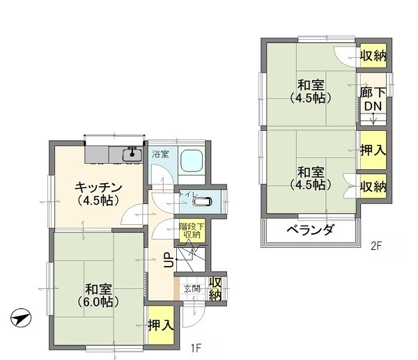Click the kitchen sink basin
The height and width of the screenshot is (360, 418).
click(x=132, y=155)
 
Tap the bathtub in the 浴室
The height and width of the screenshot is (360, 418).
click(x=191, y=161)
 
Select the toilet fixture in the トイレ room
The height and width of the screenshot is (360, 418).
click(x=202, y=202)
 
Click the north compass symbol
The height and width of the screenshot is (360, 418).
click(x=21, y=318)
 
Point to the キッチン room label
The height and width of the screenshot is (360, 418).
click(x=98, y=188)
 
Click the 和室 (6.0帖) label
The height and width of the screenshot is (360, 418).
click(x=98, y=295)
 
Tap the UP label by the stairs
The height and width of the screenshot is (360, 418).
click(x=169, y=259)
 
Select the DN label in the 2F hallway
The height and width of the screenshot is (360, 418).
click(x=373, y=107)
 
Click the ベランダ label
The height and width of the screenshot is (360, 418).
click(x=310, y=229)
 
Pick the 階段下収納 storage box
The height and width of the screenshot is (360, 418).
click(x=192, y=230)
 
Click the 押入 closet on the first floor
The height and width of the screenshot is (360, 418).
click(x=161, y=325)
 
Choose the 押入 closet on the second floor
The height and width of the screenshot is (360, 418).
click(x=373, y=150)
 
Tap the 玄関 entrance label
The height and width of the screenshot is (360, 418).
click(x=192, y=289)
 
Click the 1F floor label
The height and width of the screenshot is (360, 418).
click(x=195, y=348)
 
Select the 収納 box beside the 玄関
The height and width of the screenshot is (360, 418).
click(x=215, y=289)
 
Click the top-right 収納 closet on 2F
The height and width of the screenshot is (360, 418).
click(x=373, y=56)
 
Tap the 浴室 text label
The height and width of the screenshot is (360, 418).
click(x=160, y=154)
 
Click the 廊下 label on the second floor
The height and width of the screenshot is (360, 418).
click(x=373, y=93)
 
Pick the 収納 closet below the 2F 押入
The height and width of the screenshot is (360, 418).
click(x=373, y=186)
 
